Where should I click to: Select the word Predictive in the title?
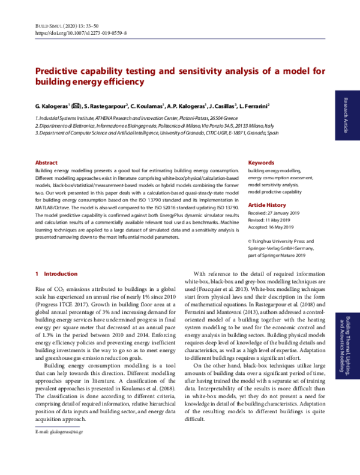[62, 71]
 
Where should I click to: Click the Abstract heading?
[46, 163]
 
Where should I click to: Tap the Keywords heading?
[261, 163]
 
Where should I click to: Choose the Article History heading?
[268, 205]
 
